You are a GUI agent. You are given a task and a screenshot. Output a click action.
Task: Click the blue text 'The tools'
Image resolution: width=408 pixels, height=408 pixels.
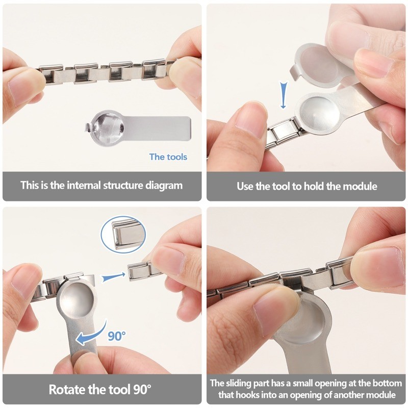tap(168, 157)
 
